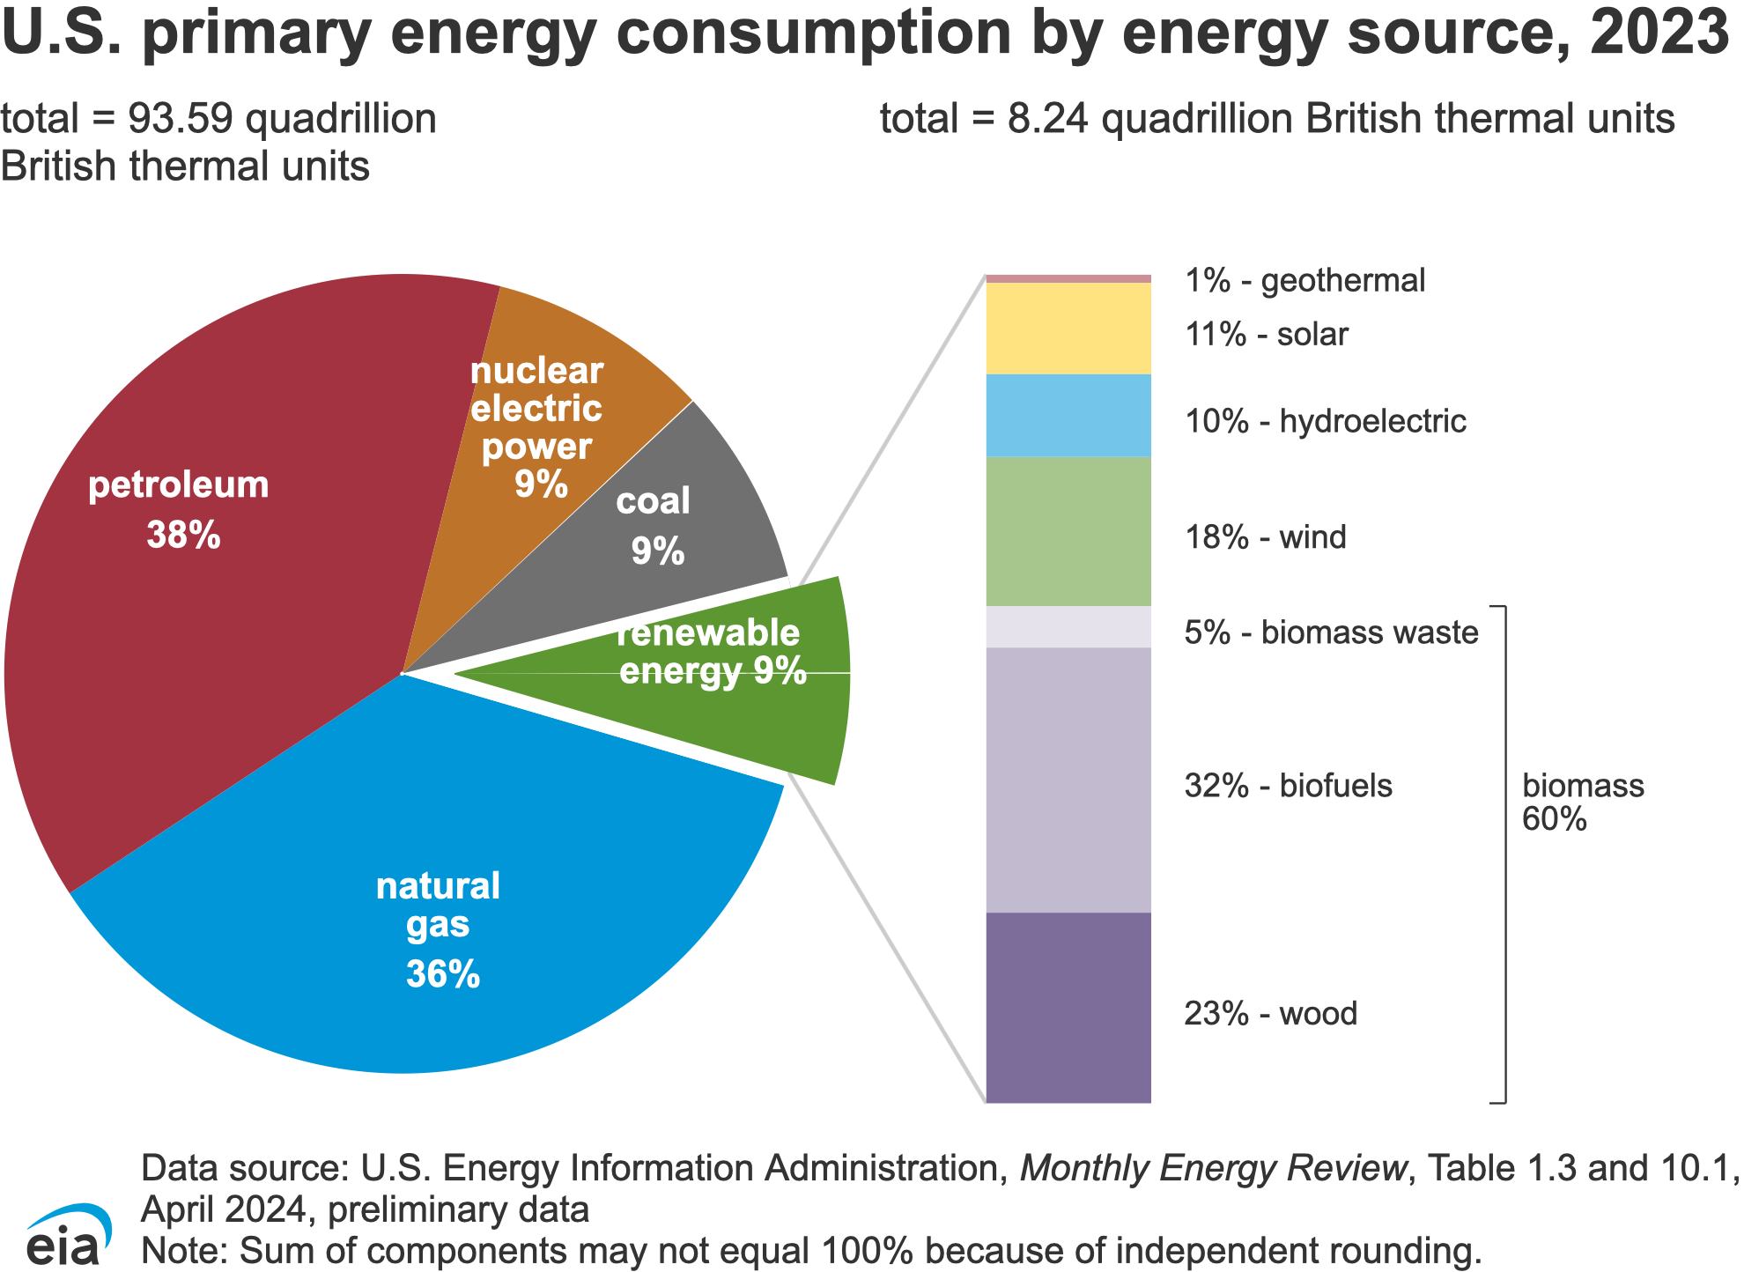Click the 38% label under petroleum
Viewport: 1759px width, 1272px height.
(183, 535)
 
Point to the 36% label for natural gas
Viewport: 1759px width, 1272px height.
(442, 974)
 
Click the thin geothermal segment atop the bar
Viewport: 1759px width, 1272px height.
(1068, 278)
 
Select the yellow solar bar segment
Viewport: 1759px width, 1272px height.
(1068, 329)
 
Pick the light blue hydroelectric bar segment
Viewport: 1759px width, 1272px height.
(1068, 415)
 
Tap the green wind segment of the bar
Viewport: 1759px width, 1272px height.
(1068, 531)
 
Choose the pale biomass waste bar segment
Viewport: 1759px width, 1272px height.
(1068, 626)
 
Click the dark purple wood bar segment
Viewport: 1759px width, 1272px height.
(1068, 1007)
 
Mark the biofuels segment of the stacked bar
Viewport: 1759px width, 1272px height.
(1068, 780)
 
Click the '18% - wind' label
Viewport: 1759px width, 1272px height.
(1265, 537)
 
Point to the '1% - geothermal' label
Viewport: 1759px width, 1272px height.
(1304, 281)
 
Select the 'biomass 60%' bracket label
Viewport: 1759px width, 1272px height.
(1582, 802)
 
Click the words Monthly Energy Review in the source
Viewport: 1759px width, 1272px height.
(1212, 1168)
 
